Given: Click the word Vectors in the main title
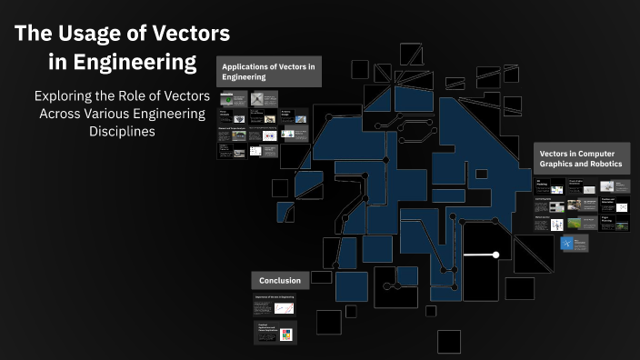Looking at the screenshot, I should [185, 35].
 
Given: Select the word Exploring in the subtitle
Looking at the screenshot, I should [66, 95].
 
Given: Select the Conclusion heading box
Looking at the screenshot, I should [280, 281].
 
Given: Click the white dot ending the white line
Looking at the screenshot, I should [495, 255].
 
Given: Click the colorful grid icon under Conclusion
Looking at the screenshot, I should [285, 334].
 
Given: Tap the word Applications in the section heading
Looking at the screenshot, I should [252, 66].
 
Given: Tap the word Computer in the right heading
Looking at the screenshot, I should [596, 154].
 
